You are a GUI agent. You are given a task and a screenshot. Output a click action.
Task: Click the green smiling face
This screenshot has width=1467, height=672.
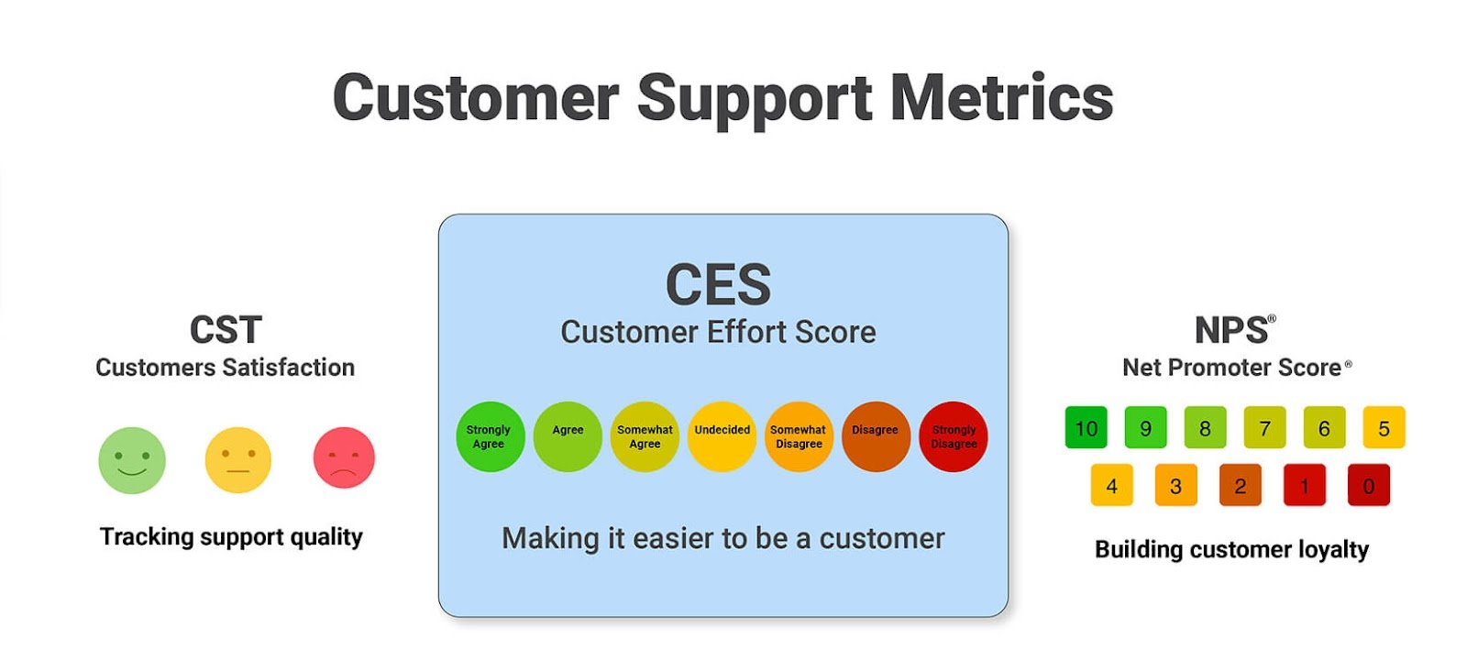[132, 460]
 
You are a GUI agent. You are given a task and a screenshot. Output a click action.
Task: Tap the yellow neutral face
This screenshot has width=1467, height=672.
[237, 460]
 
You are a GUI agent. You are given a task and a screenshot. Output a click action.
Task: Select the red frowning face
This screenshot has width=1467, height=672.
[344, 457]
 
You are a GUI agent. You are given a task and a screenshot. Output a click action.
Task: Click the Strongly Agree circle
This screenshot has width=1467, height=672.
[491, 436]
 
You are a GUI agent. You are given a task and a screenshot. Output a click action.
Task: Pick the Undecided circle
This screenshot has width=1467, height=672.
[722, 436]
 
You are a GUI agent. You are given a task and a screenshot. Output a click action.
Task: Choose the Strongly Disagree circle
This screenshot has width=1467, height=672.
[954, 436]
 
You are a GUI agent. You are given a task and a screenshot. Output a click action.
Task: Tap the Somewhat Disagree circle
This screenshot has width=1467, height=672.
[799, 436]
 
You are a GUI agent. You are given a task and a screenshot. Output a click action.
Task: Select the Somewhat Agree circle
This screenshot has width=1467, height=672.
[645, 436]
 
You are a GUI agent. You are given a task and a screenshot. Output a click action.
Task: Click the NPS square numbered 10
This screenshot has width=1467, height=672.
[1086, 427]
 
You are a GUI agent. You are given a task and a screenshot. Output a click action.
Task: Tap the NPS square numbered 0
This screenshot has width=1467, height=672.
[1369, 485]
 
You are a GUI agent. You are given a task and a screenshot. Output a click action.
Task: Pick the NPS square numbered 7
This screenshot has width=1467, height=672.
[1264, 427]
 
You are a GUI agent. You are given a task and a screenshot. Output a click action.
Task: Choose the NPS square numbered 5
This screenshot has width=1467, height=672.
[1384, 427]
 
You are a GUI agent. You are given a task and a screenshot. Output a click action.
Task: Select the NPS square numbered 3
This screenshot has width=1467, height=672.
[1176, 485]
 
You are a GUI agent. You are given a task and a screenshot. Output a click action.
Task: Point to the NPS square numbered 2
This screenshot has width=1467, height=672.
[1241, 485]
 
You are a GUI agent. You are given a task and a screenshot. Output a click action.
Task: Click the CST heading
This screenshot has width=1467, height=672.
[226, 329]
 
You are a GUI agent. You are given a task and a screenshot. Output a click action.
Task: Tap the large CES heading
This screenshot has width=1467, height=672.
[719, 284]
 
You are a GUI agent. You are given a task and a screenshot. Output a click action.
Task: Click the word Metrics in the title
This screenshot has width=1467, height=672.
[1002, 97]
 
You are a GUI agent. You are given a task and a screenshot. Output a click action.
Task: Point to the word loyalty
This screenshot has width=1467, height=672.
[1329, 550]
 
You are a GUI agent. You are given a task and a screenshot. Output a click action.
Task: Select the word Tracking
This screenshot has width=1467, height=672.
[147, 537]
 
